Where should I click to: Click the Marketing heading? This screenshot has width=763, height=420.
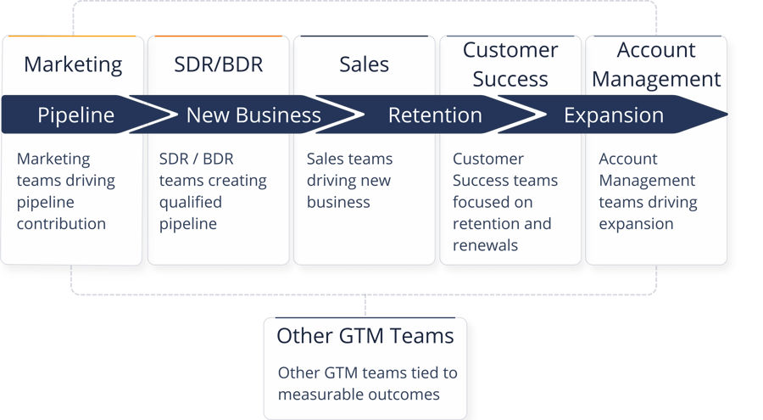click(73, 64)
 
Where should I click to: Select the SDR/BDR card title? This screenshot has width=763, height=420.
click(218, 64)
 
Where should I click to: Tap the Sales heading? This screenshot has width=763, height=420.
click(364, 64)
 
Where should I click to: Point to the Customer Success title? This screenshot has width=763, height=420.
click(510, 64)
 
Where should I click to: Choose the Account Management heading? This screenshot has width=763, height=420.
click(656, 64)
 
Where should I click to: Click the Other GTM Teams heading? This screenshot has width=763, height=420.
click(365, 335)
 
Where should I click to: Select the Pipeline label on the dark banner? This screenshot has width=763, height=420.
click(75, 115)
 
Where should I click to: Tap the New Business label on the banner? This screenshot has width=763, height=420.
click(253, 115)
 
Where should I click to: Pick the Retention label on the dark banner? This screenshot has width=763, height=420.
click(435, 115)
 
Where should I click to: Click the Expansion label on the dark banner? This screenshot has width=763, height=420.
click(614, 115)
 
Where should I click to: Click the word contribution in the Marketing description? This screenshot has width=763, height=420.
click(61, 224)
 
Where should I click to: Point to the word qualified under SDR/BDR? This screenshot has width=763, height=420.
click(191, 202)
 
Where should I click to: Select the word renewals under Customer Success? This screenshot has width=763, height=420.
click(485, 246)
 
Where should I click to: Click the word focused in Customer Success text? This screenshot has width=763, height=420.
click(481, 202)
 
